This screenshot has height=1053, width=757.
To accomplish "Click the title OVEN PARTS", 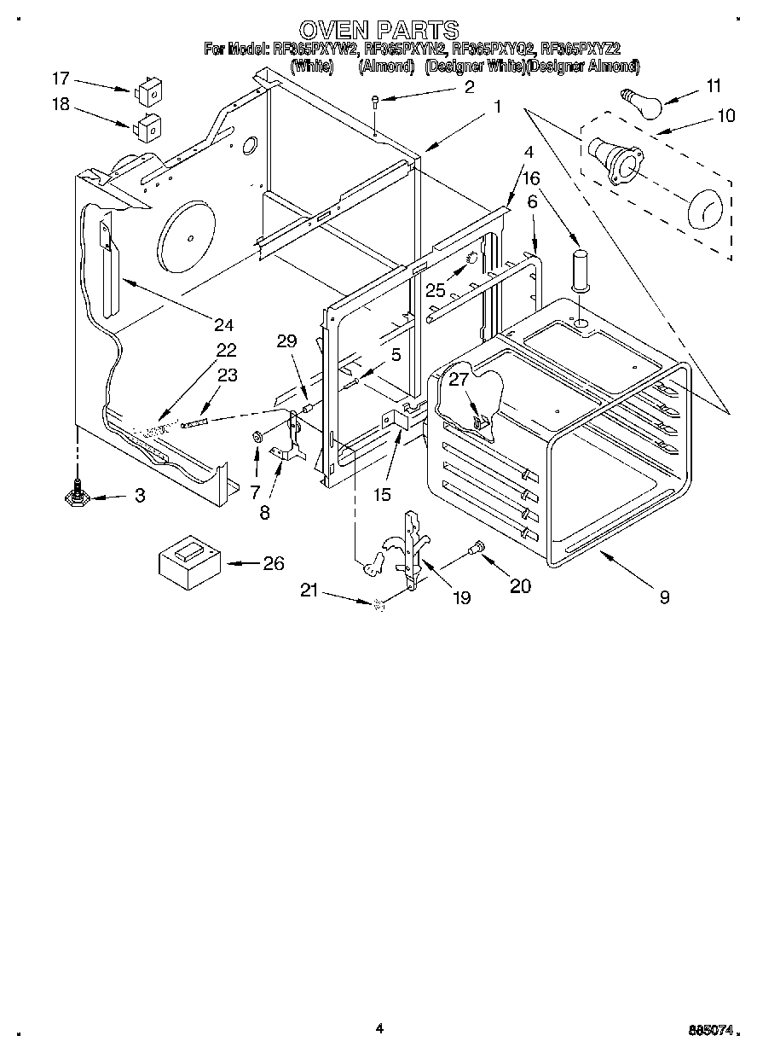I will [378, 31].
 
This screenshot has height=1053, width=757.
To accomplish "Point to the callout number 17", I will [60, 79].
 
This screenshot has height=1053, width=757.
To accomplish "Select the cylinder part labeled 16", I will [581, 269].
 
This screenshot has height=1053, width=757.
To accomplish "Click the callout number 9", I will [664, 597].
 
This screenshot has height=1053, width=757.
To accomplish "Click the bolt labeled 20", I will [477, 546].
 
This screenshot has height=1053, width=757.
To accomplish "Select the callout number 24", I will [223, 324].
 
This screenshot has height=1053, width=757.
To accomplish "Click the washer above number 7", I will [257, 438].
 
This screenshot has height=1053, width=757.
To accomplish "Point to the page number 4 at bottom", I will [379, 1029].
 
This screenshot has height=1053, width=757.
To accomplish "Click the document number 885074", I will [707, 1031].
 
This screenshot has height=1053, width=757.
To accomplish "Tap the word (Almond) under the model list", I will [386, 66].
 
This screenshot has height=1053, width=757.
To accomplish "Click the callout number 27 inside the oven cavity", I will [459, 380].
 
